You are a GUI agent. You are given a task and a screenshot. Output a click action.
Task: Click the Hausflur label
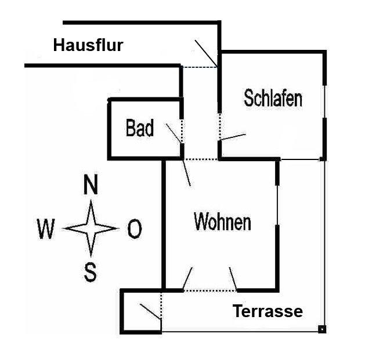(88, 45)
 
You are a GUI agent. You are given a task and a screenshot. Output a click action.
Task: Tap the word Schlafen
(273, 98)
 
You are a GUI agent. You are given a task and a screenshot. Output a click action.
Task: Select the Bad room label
(140, 128)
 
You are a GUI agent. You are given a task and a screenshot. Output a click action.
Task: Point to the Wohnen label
(222, 221)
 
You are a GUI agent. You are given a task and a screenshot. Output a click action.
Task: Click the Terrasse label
(268, 312)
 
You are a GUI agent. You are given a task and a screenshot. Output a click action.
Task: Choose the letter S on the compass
(91, 271)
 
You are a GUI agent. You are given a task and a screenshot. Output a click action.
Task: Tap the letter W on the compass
(46, 230)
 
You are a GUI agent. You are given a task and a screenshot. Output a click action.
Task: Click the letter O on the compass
(134, 230)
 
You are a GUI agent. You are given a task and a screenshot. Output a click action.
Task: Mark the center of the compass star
(91, 229)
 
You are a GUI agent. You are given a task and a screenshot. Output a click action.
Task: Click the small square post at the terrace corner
(321, 330)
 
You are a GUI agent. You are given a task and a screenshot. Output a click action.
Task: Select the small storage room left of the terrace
(140, 311)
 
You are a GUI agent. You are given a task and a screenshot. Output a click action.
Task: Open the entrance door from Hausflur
(205, 52)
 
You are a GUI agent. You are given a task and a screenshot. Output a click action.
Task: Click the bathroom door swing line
(174, 133)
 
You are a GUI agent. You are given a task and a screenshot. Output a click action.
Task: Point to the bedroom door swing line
(233, 137)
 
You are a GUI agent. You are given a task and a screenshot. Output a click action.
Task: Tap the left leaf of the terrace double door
(187, 279)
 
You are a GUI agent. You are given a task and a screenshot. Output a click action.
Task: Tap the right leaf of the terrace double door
(233, 279)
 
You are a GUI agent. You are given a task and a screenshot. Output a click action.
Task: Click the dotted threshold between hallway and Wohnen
(201, 158)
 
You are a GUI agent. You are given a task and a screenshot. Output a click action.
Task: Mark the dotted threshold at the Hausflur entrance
(199, 67)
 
